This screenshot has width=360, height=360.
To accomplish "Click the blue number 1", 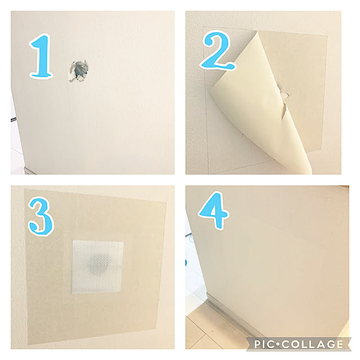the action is (x=41, y=56).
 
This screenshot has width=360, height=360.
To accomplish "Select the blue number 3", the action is (x=40, y=217).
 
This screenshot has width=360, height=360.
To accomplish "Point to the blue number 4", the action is (x=214, y=210).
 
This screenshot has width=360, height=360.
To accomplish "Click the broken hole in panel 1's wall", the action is (x=79, y=71).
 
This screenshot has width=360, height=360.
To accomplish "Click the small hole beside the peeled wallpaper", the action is (x=285, y=94).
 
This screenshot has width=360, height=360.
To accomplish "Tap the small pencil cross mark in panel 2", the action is (x=242, y=135).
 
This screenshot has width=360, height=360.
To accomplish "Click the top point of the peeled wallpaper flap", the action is (x=258, y=32).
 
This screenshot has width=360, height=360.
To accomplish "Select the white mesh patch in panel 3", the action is (x=97, y=267).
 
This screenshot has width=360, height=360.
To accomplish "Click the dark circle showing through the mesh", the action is (x=99, y=264).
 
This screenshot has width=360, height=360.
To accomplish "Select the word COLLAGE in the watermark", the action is (x=313, y=344).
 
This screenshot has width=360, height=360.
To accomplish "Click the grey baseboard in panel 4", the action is (x=232, y=317).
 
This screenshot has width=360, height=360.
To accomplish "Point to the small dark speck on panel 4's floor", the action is (x=212, y=331).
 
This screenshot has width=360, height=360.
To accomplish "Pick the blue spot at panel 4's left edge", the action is (x=186, y=262).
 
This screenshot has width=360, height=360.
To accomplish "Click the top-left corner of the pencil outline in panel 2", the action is (x=202, y=27).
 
